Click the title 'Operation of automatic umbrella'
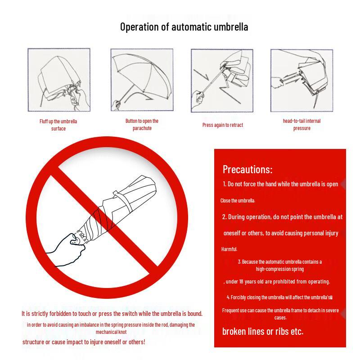[184, 27]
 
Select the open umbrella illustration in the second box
[142, 80]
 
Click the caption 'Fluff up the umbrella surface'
[58, 125]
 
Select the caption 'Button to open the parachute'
[142, 125]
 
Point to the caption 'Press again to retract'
[222, 125]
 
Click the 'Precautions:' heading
[247, 170]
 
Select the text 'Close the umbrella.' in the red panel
[238, 201]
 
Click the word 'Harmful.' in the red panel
[229, 249]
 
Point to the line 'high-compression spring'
[280, 269]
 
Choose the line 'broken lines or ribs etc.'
[263, 332]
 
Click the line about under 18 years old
[277, 282]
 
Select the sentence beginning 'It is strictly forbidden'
[112, 314]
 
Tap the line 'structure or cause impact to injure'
[84, 342]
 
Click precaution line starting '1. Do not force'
[280, 184]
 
